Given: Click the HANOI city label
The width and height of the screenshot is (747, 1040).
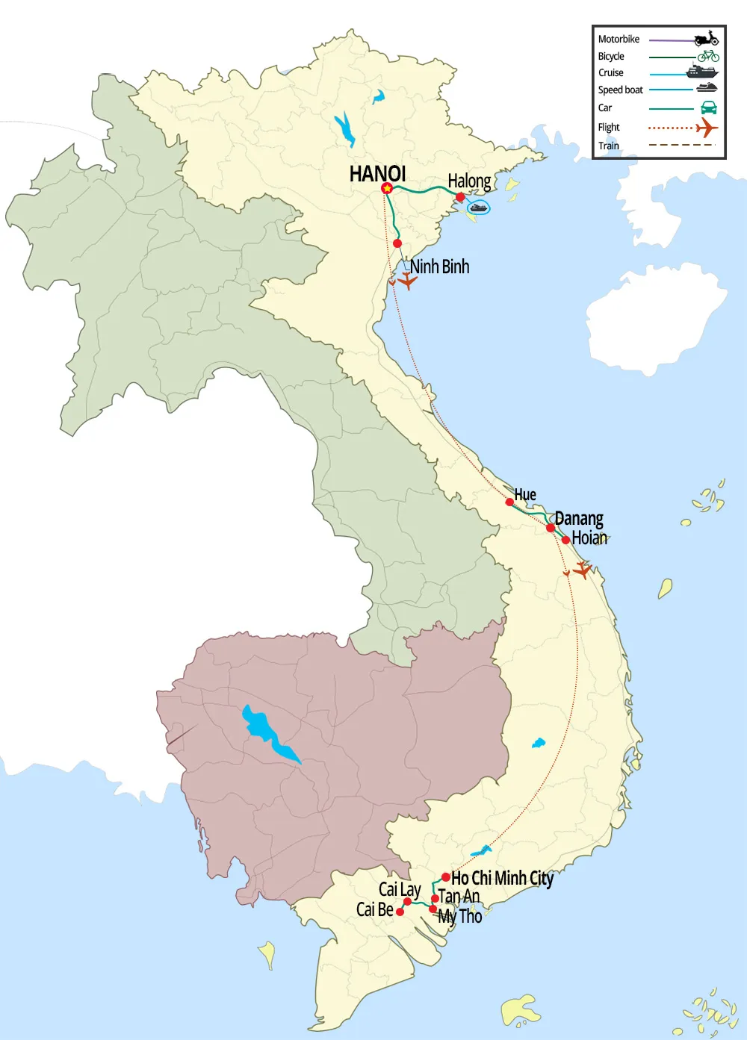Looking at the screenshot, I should tap(377, 174).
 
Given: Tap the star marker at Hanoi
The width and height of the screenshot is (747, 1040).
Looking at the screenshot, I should tap(387, 188).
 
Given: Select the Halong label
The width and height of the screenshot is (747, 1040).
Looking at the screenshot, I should tap(469, 181).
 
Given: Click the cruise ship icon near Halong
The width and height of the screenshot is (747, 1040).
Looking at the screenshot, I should tap(479, 208).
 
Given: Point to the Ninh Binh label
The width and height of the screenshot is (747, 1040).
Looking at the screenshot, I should tap(439, 267).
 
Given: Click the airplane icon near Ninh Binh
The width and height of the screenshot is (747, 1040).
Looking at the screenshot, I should tap(406, 281).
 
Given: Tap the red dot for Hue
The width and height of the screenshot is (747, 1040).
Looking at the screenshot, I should tap(509, 502).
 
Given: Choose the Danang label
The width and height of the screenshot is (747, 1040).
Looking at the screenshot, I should tap(579, 519).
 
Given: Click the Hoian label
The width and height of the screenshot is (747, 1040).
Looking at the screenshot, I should tap(589, 538).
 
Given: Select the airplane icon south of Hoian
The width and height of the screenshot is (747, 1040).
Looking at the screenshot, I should tap(582, 570).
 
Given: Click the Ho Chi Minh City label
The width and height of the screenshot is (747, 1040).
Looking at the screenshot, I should tap(502, 879).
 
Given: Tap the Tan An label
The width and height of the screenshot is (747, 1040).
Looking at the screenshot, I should tap(459, 897).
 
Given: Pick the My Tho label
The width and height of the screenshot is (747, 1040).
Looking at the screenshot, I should tap(460, 916).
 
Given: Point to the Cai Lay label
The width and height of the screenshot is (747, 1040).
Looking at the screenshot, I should tap(400, 889).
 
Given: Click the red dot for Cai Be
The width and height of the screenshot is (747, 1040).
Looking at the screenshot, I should tap(400, 912).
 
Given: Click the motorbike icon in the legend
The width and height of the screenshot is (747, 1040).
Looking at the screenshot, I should tap(706, 39).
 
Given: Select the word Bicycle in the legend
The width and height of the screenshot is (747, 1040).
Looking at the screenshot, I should tap(611, 57).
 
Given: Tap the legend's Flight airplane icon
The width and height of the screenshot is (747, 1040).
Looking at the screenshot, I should tap(706, 128).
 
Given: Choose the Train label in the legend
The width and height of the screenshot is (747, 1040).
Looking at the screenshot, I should tap(609, 146).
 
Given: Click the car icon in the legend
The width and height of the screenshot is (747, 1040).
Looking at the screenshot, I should tap(708, 108).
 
